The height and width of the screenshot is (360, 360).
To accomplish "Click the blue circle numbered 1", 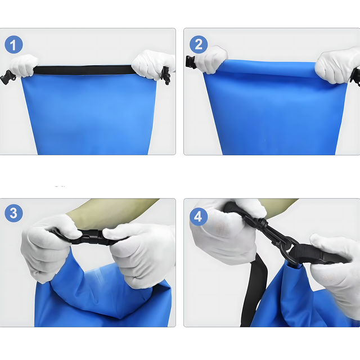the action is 13,44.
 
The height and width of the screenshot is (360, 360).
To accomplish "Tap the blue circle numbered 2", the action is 199,44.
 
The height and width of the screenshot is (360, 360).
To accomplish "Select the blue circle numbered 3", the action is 13,213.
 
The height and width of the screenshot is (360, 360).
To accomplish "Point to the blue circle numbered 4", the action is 199,217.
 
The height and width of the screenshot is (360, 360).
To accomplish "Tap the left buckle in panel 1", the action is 7,78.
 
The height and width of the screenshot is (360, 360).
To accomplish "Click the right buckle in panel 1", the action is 166,75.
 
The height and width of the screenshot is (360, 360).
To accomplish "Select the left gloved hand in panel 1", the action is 24,65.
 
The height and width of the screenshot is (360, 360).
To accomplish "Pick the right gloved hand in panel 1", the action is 154,64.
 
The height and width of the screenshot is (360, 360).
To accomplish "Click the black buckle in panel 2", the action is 191,62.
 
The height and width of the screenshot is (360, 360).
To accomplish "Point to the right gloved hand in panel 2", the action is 337,65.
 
